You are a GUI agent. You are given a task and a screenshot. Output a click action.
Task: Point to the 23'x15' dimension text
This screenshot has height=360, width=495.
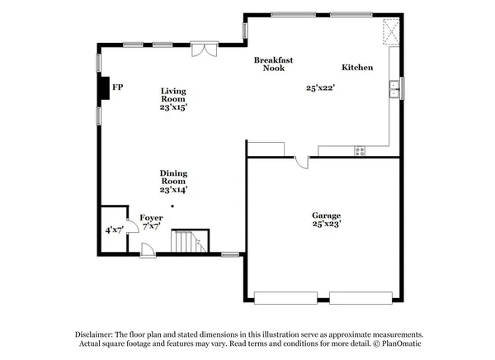173,107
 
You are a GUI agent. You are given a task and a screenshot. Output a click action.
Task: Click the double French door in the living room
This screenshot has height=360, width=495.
200,50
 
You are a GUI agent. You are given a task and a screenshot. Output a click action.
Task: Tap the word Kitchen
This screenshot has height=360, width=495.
358,68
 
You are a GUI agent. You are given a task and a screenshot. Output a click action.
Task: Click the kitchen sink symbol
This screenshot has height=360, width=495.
397,88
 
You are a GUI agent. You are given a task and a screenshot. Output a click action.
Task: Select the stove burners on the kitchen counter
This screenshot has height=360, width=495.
360,150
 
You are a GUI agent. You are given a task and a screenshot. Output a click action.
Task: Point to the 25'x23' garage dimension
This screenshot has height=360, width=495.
327,223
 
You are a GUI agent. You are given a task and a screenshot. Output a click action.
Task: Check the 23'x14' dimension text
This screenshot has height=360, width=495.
173,190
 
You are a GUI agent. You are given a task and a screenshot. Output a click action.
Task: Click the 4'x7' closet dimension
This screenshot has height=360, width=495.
113,230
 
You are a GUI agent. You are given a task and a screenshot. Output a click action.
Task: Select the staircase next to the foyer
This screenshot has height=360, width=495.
189,242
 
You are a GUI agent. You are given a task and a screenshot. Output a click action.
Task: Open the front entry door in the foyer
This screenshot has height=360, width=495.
146,249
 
